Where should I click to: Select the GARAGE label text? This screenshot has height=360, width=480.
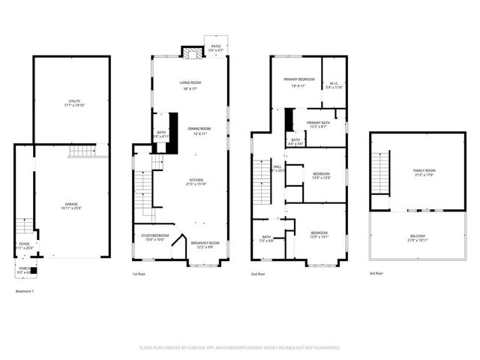point(71,203)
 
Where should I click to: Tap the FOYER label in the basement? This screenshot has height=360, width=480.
point(25,244)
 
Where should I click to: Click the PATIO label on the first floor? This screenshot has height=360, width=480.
point(215,46)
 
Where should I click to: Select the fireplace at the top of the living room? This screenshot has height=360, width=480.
point(192,52)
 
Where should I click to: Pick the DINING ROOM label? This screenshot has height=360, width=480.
point(199,128)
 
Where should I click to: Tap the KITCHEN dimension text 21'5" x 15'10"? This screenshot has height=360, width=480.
point(196,184)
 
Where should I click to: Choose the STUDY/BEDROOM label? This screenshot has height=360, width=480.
point(154,236)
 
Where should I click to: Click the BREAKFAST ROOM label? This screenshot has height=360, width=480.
point(205,243)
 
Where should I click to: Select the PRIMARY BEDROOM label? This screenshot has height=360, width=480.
point(298,79)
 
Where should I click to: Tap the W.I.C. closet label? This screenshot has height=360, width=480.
point(333,84)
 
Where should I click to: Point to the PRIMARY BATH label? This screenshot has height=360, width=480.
point(319,122)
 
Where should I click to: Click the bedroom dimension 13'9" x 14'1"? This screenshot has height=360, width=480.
point(319,238)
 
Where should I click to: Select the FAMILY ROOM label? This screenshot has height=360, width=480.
point(424,171)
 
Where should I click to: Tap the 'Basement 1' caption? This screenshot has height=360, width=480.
point(25,290)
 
